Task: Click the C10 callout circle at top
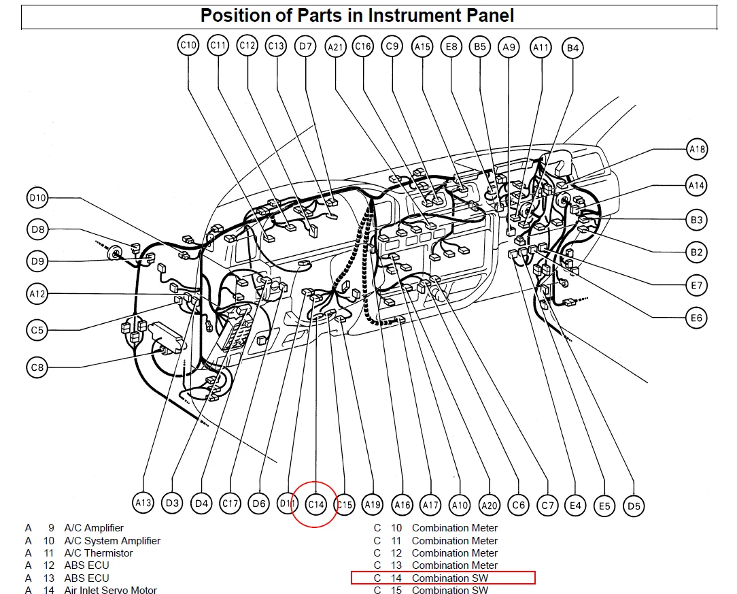(x=188, y=46)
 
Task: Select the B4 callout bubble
(x=572, y=48)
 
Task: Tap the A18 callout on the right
(x=697, y=149)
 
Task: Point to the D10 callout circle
(x=37, y=198)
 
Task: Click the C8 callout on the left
(x=37, y=367)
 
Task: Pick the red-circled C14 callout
(x=315, y=505)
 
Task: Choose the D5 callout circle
(x=634, y=506)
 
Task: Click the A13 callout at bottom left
(x=143, y=504)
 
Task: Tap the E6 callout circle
(x=696, y=318)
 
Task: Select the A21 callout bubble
(x=336, y=46)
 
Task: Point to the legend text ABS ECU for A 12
(x=86, y=565)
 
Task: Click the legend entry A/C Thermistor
(x=99, y=553)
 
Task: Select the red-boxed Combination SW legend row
(x=443, y=578)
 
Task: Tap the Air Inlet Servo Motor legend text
(x=110, y=591)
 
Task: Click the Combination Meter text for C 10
(x=454, y=528)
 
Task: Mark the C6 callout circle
(x=519, y=505)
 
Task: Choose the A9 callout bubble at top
(x=509, y=47)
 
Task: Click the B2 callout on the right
(x=696, y=252)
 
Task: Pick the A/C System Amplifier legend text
(x=112, y=541)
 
